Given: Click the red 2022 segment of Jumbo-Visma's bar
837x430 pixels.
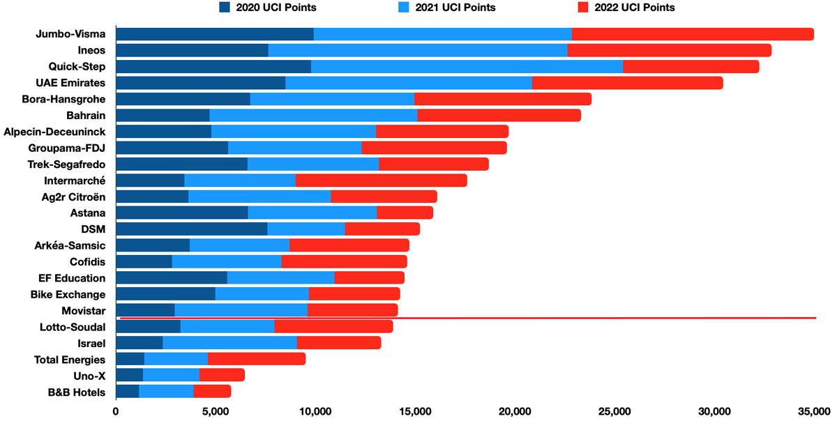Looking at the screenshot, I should click(693, 34).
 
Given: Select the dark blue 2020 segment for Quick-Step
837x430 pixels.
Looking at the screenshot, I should click(213, 67).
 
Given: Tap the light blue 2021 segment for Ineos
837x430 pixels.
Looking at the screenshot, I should click(417, 50).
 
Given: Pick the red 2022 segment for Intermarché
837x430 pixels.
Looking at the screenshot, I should click(381, 181).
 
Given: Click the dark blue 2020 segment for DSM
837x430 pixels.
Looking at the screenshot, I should click(191, 229).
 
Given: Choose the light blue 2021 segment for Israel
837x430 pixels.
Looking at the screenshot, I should click(229, 342).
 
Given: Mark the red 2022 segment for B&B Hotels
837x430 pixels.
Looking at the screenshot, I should click(212, 392).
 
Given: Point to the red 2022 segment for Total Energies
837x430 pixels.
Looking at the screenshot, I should click(256, 359).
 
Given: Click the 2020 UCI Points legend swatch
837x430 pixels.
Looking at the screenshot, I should click(225, 8).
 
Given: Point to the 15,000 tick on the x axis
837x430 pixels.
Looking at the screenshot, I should click(415, 413).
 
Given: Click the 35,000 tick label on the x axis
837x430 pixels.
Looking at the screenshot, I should click(813, 413).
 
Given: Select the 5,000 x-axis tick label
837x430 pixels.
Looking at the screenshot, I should click(215, 413).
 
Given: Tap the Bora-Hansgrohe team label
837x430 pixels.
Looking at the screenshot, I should click(63, 99).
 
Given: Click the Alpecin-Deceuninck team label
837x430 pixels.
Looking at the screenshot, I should click(54, 131).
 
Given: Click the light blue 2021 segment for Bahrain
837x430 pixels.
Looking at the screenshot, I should click(313, 115).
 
